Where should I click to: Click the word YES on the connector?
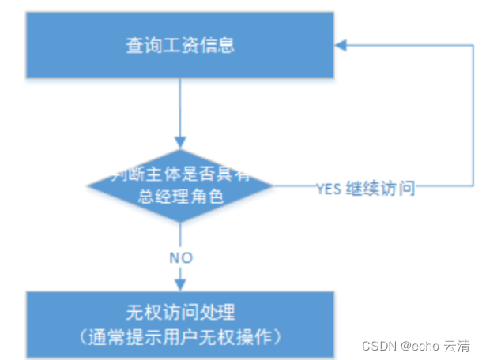(x=329, y=189)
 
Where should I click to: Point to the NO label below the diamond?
(x=180, y=258)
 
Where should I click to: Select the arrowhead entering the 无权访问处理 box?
(x=180, y=285)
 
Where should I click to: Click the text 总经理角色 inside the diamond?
(x=180, y=197)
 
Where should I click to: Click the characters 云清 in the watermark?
(x=458, y=345)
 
